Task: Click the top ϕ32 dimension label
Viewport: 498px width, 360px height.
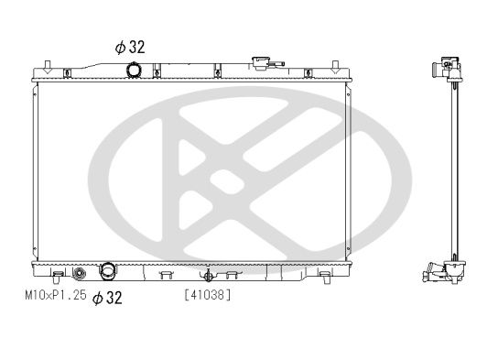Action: pos(129,46)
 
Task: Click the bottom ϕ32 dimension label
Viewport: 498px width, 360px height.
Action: pos(107,298)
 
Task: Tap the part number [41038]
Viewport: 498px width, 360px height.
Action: pos(207,295)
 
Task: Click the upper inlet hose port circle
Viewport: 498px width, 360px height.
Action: pos(135,70)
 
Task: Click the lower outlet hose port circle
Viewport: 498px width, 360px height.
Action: pos(109,272)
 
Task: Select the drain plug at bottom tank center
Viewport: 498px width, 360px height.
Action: pos(208,274)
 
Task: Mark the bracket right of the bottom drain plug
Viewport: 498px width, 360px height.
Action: pos(233,273)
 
